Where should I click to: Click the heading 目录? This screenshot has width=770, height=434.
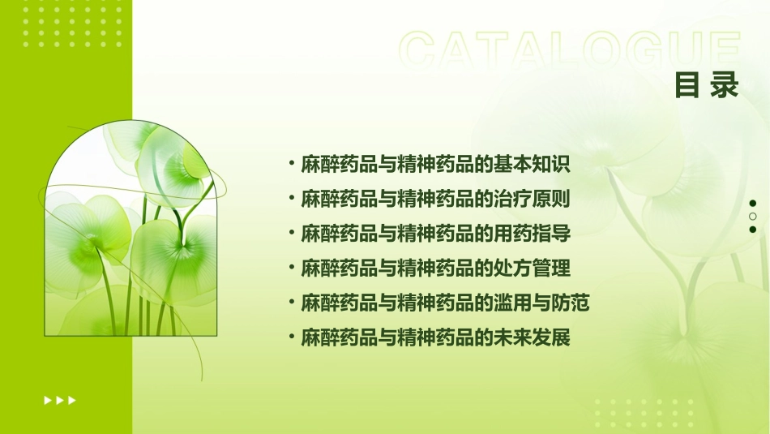(x=707, y=85)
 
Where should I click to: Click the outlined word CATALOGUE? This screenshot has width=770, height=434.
(x=570, y=51)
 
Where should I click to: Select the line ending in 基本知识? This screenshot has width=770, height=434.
(x=436, y=165)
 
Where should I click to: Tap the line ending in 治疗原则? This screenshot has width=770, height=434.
(x=436, y=199)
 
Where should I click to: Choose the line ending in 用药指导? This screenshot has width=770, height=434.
(x=436, y=234)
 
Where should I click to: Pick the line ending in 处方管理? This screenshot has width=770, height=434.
(x=436, y=268)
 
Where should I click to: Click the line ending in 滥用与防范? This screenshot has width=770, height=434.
(x=445, y=303)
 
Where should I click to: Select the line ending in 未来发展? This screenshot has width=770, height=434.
(x=436, y=337)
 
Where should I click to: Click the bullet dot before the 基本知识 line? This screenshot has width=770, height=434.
(x=292, y=164)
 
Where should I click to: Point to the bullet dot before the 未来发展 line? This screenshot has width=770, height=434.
(x=292, y=337)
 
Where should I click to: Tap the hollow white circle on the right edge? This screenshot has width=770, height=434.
(x=753, y=217)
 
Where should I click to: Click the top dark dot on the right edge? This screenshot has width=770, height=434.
(x=753, y=204)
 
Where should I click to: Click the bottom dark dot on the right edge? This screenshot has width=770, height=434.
(x=753, y=230)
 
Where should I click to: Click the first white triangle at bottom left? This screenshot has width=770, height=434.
(x=48, y=400)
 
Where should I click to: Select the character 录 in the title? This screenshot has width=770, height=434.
(x=725, y=85)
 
